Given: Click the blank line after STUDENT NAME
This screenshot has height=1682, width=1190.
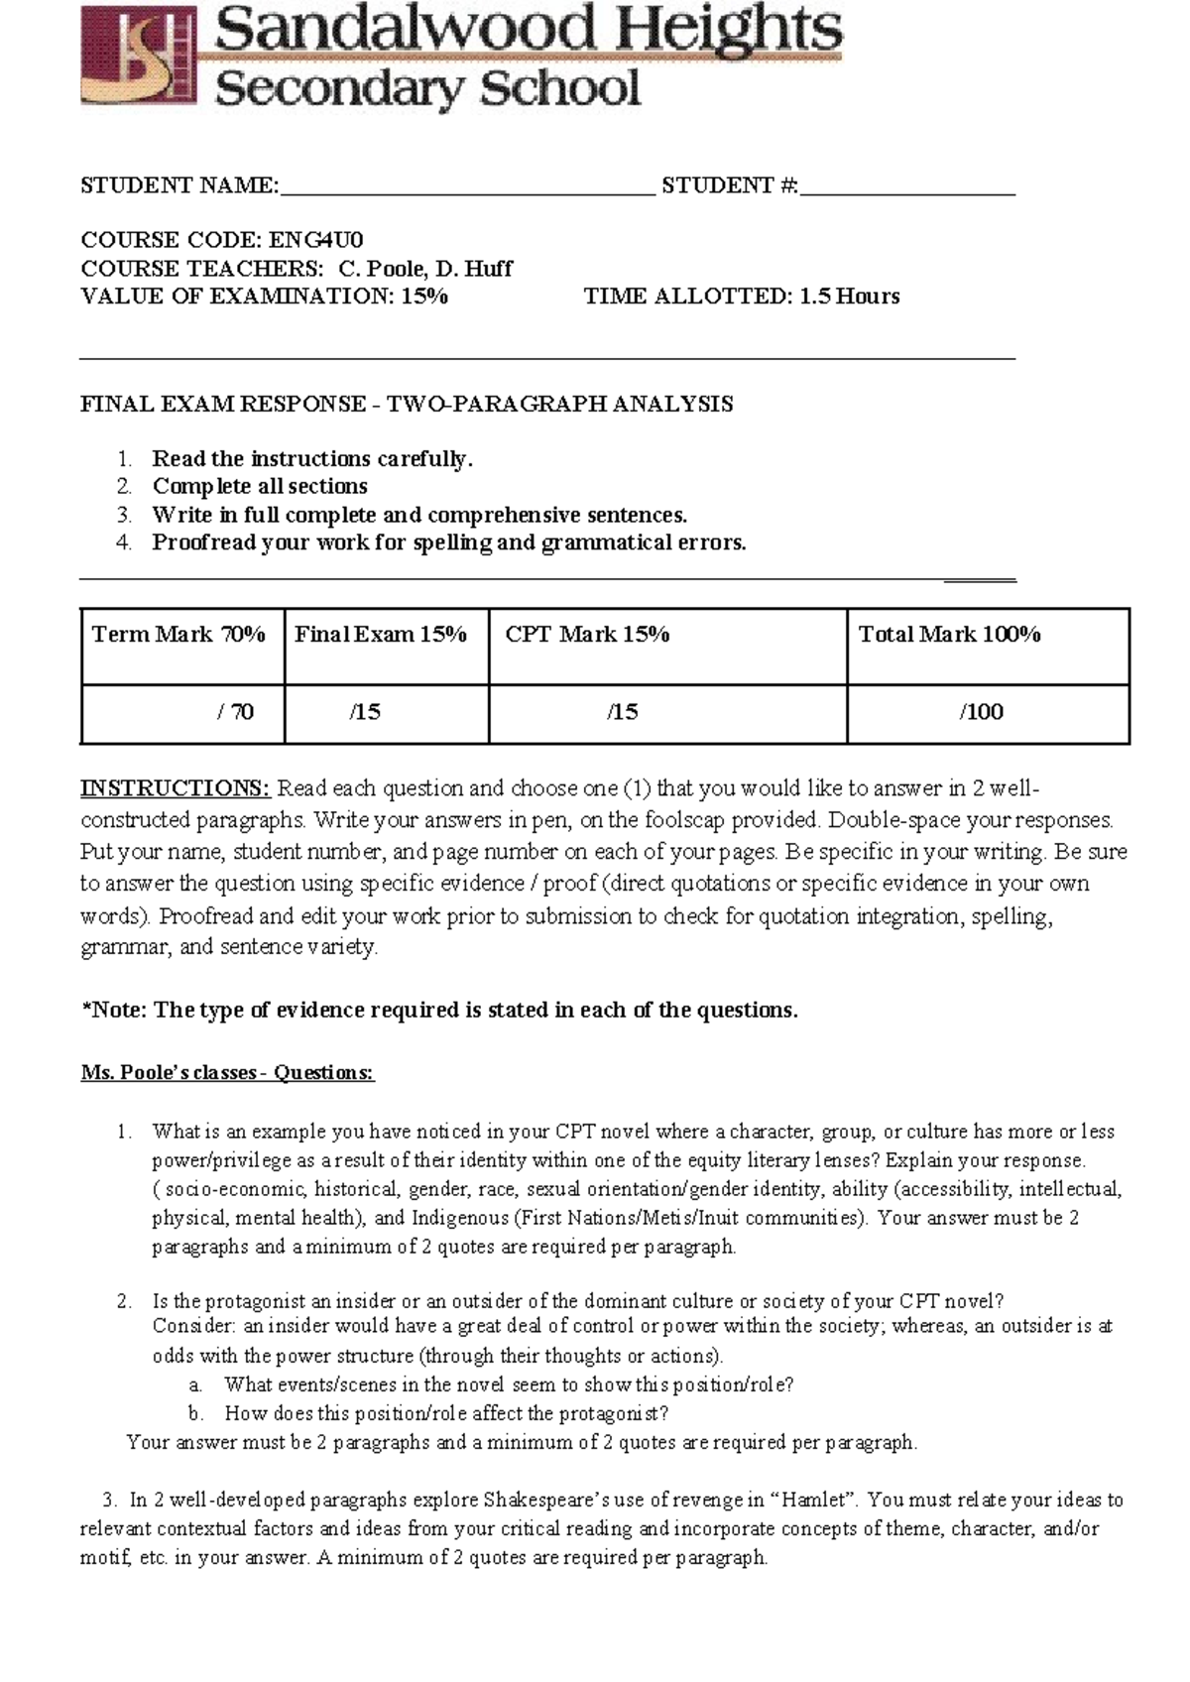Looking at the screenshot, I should (x=467, y=187).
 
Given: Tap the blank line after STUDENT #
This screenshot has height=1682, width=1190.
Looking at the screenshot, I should (x=907, y=187).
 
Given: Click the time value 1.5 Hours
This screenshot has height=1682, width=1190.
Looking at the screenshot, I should (x=850, y=296).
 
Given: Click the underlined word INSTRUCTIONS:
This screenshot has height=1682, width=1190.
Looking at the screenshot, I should (x=175, y=788).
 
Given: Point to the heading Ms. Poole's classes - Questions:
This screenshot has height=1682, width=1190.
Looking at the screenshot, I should (x=227, y=1073).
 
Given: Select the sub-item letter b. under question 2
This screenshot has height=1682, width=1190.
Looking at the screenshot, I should (x=195, y=1413).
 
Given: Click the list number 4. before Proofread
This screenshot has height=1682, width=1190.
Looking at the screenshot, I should (x=124, y=542).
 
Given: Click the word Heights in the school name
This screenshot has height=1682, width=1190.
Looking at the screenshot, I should (x=730, y=30).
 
